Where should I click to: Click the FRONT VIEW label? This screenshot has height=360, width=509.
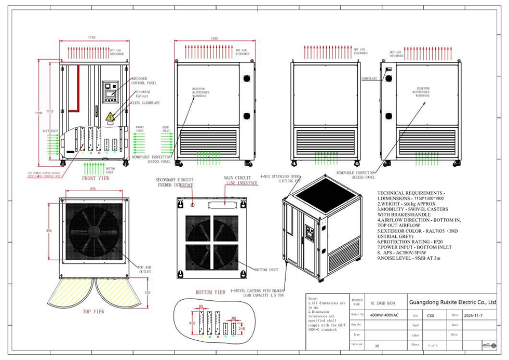click(96, 178)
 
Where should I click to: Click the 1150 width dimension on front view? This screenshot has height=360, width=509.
click(92, 38)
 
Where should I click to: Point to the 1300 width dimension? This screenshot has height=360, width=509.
click(214, 38)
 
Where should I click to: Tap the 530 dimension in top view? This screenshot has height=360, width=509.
click(148, 294)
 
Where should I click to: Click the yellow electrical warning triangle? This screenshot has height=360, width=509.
click(110, 117)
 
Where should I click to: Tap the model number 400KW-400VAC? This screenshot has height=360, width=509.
click(383, 315)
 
